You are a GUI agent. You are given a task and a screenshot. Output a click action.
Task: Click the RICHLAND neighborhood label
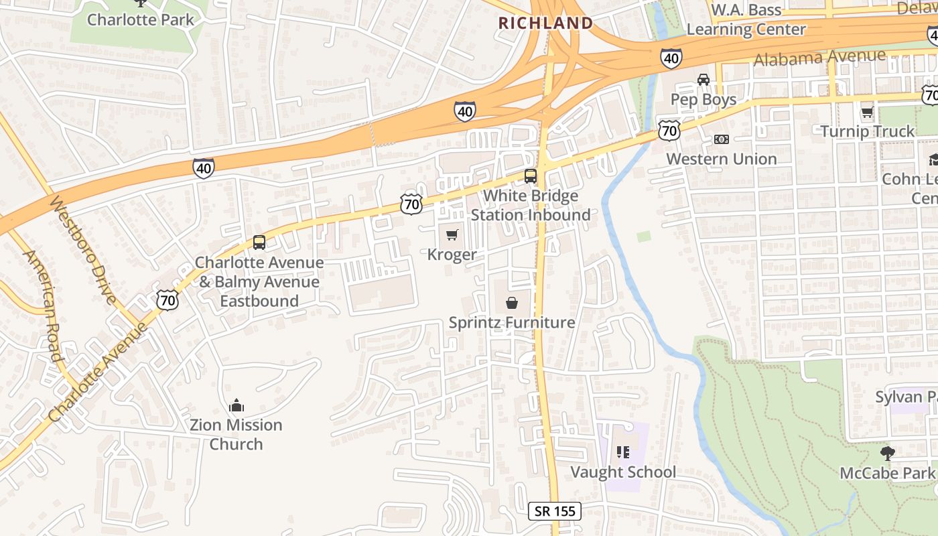pyautogui.click(x=545, y=23)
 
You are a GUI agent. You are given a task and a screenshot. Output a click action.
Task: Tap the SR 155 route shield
pyautogui.click(x=555, y=511)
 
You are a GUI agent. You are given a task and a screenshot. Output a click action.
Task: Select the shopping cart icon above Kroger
pyautogui.click(x=452, y=234)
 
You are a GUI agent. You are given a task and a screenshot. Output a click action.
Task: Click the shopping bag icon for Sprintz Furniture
pyautogui.click(x=512, y=303)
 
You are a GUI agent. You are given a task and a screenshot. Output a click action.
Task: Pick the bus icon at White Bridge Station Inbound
pyautogui.click(x=530, y=177)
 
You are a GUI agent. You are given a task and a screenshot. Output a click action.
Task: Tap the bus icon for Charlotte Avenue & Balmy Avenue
pyautogui.click(x=259, y=243)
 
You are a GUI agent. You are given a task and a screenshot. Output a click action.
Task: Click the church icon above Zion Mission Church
pyautogui.click(x=236, y=405)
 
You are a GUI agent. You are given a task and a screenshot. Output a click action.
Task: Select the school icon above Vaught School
pyautogui.click(x=623, y=452)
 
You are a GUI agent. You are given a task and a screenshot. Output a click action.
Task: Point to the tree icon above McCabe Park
pyautogui.click(x=888, y=454)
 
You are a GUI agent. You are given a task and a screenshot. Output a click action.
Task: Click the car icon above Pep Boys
pyautogui.click(x=703, y=80)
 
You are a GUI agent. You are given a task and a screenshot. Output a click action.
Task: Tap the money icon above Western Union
pyautogui.click(x=721, y=139)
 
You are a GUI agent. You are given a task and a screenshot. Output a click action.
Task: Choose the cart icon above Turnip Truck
pyautogui.click(x=867, y=112)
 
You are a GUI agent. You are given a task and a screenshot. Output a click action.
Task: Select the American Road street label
pyautogui.click(x=44, y=305)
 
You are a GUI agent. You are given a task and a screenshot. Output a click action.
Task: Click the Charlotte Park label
pyautogui.click(x=140, y=19)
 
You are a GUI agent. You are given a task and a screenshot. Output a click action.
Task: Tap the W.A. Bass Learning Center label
pyautogui.click(x=746, y=20)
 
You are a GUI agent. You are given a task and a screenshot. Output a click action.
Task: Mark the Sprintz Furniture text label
pyautogui.click(x=511, y=323)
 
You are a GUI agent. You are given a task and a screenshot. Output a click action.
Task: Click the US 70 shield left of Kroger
pyautogui.click(x=411, y=204)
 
